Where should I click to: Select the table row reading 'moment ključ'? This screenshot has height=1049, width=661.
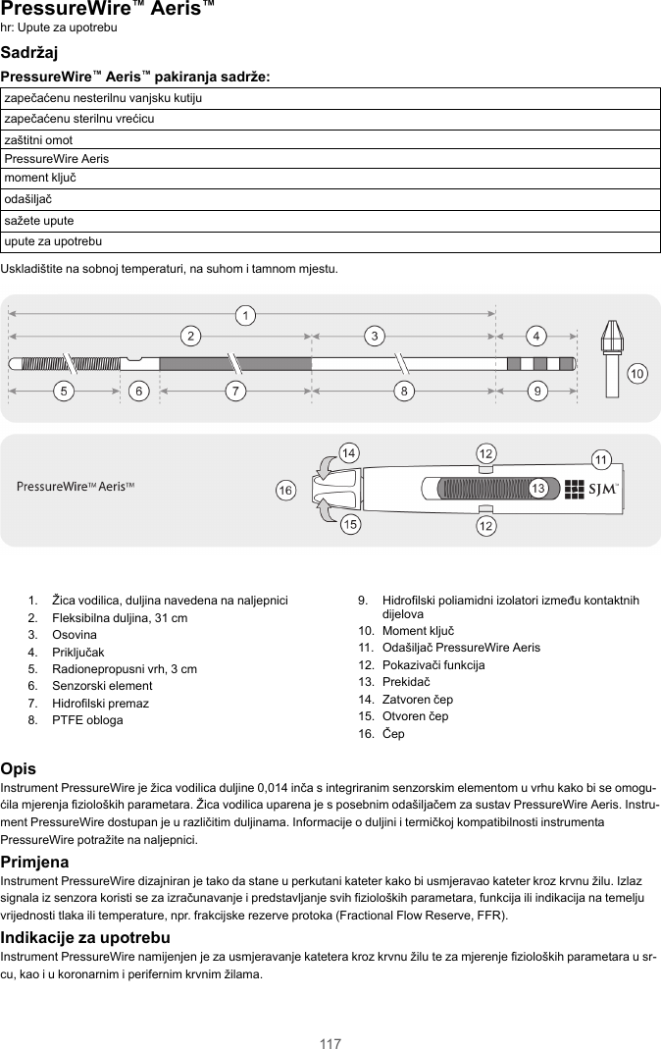click(x=330, y=179)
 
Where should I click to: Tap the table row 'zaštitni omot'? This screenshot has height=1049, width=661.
click(x=330, y=139)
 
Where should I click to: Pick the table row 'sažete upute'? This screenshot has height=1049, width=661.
click(x=330, y=221)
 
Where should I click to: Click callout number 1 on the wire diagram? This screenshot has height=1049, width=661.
click(x=247, y=315)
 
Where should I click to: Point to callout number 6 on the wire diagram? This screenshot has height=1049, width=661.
click(x=140, y=392)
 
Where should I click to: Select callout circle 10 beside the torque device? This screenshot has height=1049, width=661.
click(x=637, y=375)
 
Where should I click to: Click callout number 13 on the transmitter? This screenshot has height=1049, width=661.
click(x=537, y=488)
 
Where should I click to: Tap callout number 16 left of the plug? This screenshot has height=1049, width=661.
click(x=285, y=490)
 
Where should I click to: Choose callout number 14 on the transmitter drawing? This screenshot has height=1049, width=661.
click(x=348, y=452)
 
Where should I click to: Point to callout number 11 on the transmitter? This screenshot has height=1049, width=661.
click(x=602, y=459)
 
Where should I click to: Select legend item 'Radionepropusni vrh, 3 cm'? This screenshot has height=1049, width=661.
click(x=124, y=669)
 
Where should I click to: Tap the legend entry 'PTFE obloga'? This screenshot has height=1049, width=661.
click(x=87, y=720)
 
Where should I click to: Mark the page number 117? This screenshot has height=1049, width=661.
click(x=330, y=1043)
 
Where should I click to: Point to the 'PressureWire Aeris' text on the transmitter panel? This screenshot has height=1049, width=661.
click(x=76, y=487)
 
